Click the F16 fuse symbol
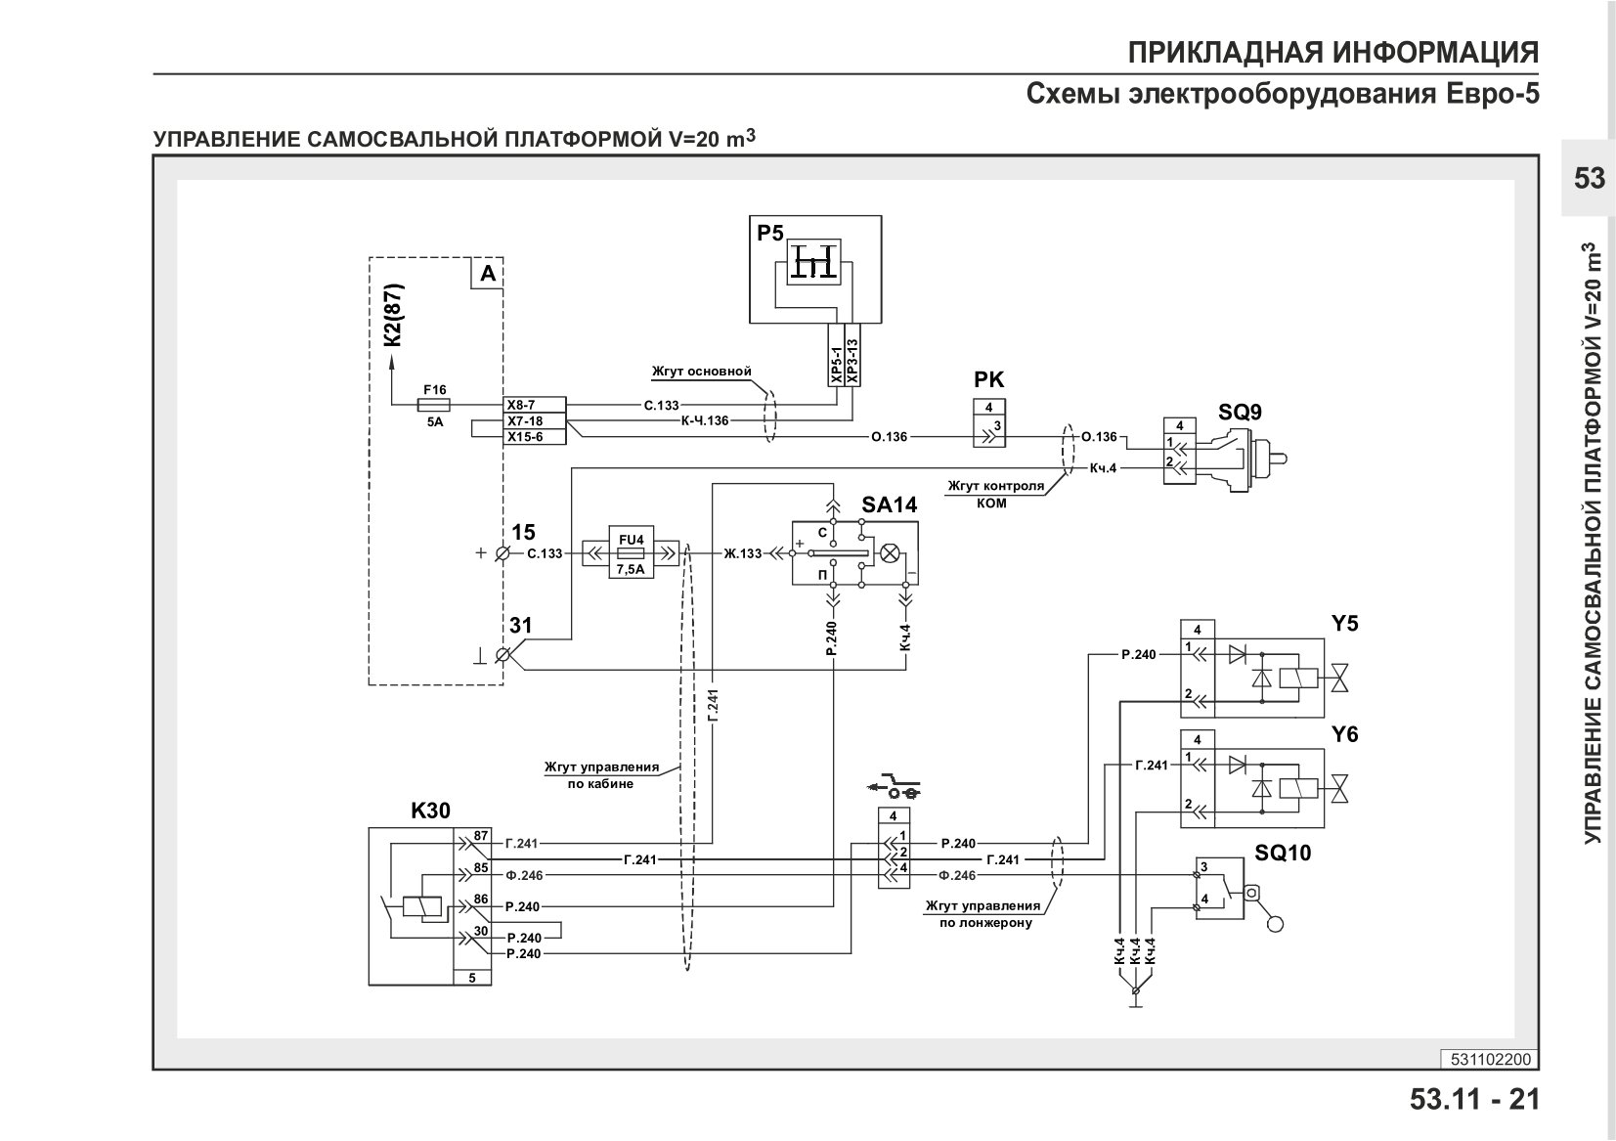434,405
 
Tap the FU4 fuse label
632,540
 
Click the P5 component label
769,233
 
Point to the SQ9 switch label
1241,412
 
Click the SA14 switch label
889,505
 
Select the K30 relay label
430,811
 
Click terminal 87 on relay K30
480,836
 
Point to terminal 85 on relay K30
480,867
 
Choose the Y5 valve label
1345,623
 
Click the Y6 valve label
1345,734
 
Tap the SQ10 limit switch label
1282,853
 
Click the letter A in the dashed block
489,274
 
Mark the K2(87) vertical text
393,315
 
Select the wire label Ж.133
743,553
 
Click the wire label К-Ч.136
705,420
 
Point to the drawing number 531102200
1491,1060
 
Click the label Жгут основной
701,371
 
